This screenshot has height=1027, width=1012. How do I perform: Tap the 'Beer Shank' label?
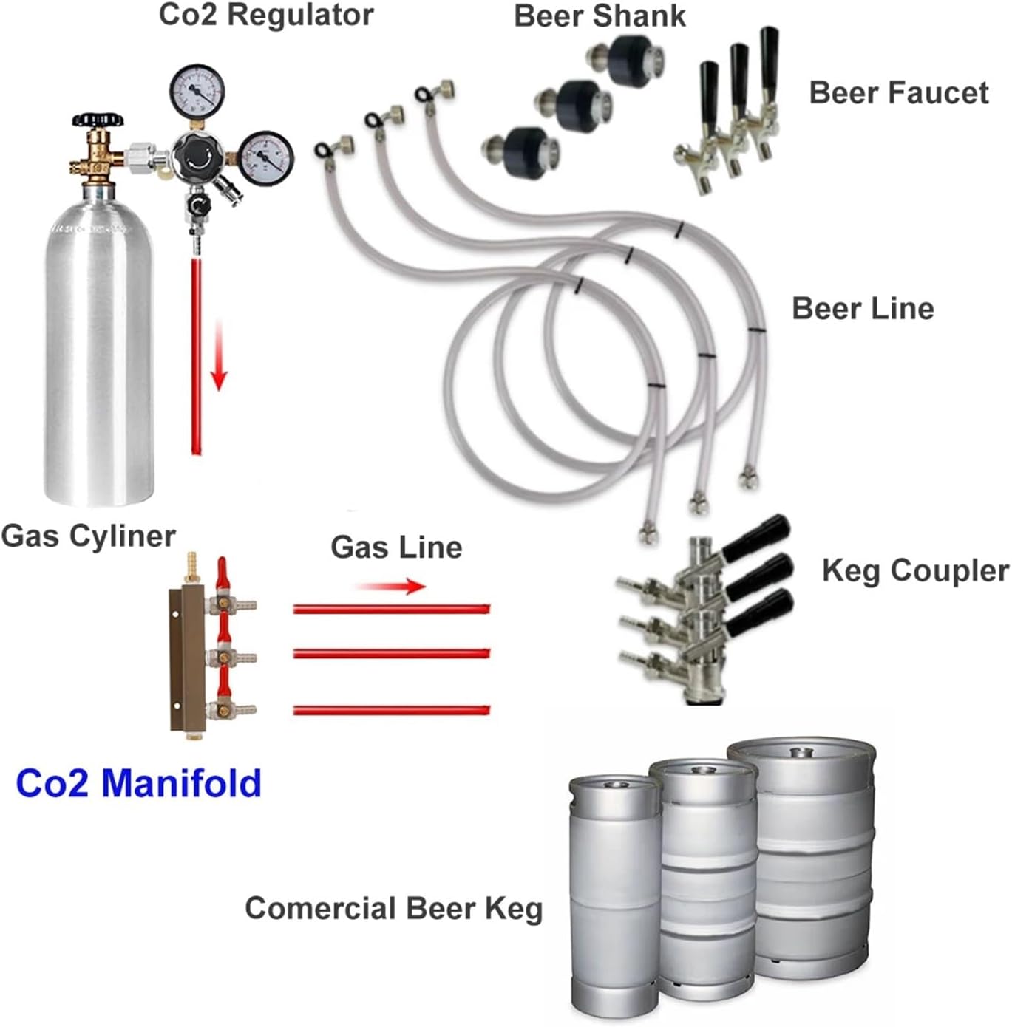[600, 16]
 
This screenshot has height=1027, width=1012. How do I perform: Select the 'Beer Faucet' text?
[898, 93]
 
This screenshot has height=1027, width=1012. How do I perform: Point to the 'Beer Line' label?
[862, 308]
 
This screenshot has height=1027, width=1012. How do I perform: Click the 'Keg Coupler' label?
[914, 570]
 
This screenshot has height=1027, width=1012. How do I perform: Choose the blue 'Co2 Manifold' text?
[139, 783]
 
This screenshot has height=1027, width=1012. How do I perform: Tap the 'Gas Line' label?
[396, 547]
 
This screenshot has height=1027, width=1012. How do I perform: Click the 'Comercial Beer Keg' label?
[393, 908]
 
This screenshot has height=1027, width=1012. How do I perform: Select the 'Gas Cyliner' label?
[89, 536]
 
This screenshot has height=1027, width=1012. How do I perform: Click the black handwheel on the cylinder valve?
[98, 120]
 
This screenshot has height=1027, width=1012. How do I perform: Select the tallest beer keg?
[801, 857]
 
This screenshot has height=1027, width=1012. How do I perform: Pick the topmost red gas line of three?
[391, 609]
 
